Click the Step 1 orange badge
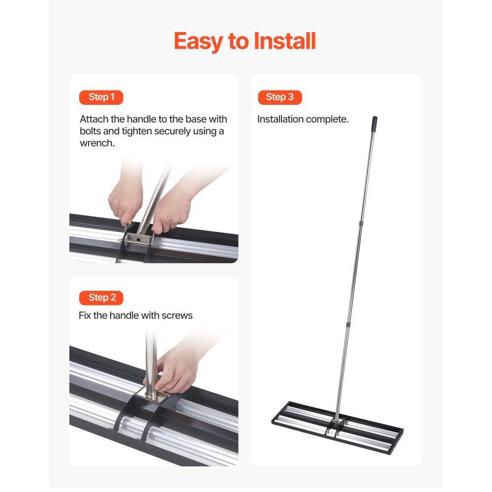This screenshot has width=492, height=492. [101, 97]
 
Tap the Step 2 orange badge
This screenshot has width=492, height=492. [101, 298]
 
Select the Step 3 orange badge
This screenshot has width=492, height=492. [279, 97]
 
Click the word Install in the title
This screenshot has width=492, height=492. [285, 41]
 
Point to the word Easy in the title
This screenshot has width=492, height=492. [198, 41]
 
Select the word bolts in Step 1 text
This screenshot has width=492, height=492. [91, 131]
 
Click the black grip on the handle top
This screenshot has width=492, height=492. [374, 122]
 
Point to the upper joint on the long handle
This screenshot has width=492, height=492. [361, 224]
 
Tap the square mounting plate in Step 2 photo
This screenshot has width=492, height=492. [154, 396]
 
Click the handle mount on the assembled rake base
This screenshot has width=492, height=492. [336, 423]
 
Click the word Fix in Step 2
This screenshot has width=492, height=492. [85, 315]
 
